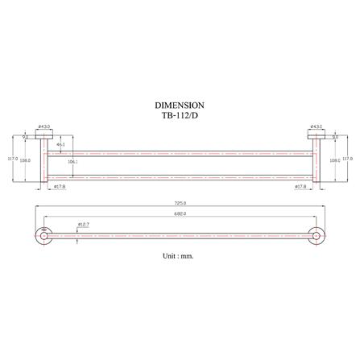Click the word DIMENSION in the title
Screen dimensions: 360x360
point(179,106)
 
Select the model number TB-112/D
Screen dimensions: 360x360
point(179,114)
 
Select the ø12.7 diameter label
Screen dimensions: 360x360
point(83,224)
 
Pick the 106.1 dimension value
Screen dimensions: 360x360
point(72,162)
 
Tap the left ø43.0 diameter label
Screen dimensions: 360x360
point(45,126)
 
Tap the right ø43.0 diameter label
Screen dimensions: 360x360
point(317,126)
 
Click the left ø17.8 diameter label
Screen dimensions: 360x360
point(59,187)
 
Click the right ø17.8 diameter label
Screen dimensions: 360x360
point(300,187)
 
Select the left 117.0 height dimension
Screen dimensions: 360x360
point(11,159)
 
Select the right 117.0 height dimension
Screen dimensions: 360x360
point(347,159)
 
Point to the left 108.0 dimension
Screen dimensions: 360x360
point(26,161)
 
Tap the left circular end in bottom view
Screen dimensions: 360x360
point(42,237)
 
